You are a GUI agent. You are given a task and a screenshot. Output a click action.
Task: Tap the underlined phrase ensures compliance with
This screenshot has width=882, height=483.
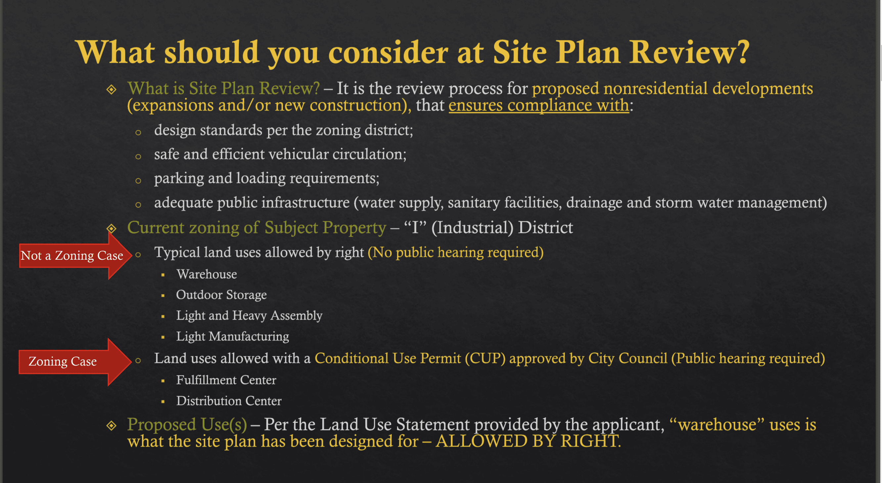point(539,105)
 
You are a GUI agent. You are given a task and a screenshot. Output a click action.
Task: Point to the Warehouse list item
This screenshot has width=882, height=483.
point(207,275)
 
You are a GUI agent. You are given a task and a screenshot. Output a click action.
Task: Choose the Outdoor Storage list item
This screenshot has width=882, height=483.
point(221,295)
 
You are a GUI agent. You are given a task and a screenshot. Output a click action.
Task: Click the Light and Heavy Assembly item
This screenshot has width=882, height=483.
point(249,316)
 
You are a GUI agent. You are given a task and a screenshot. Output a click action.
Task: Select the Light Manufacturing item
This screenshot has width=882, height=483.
point(232,336)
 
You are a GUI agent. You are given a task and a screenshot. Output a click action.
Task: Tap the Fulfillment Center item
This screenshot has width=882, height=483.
point(226,380)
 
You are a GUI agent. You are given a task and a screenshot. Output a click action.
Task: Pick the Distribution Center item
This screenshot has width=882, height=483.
point(229,401)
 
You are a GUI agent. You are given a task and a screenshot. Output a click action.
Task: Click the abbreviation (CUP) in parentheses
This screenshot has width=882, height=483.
point(485,358)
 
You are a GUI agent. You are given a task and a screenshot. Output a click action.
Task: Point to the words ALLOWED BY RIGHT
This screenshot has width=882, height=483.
point(528,441)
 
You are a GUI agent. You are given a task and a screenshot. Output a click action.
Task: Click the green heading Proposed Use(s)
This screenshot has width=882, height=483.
point(187,424)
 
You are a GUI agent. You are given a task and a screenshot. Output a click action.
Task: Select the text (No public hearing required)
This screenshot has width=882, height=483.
point(455,253)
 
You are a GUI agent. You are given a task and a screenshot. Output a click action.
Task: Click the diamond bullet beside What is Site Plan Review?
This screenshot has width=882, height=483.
point(111,90)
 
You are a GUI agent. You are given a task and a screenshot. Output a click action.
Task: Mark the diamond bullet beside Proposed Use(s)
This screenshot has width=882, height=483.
point(111,426)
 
